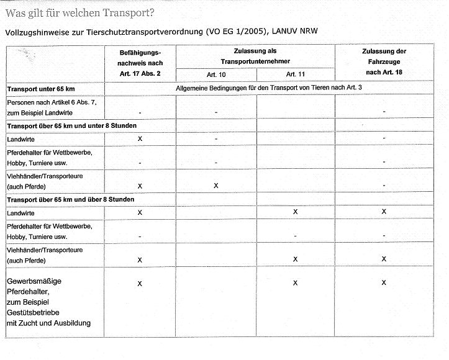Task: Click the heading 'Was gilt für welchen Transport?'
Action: (80, 12)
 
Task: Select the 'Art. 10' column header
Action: (216, 74)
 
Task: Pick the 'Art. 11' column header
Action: (295, 74)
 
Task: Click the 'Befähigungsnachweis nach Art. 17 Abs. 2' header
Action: (140, 64)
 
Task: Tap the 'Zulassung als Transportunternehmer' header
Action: (255, 56)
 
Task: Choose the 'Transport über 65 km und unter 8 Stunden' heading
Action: (71, 126)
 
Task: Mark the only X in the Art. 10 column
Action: (216, 186)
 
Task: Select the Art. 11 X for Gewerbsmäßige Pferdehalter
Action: (295, 283)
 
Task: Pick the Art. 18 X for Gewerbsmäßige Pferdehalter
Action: (384, 283)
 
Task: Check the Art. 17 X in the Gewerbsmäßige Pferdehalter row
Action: (140, 283)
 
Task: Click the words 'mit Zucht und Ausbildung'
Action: (48, 323)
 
